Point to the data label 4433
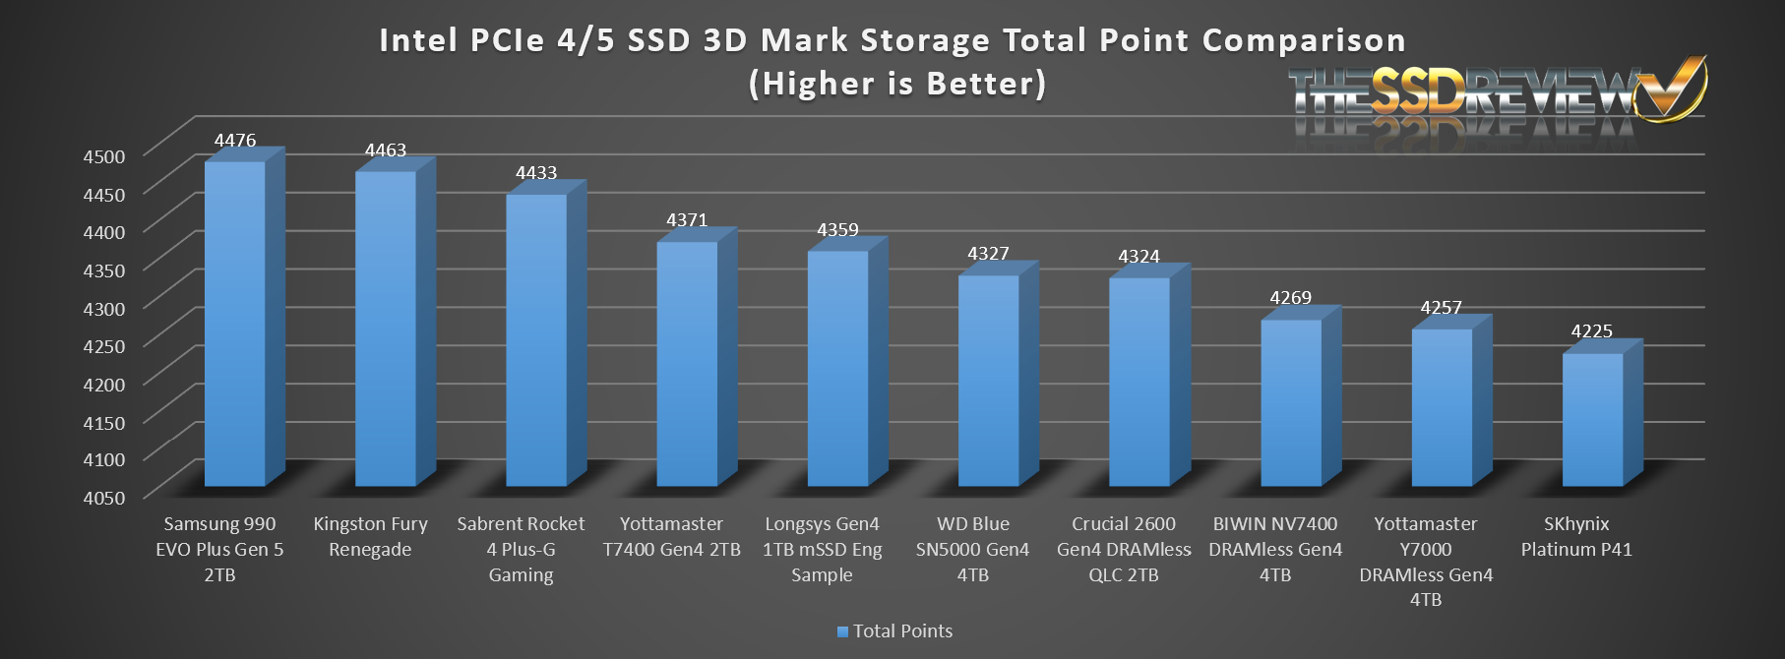(x=536, y=173)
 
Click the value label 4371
(x=687, y=220)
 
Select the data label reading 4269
(x=1290, y=298)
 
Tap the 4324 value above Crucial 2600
(x=1139, y=257)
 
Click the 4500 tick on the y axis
(x=103, y=156)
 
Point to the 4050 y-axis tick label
(x=103, y=498)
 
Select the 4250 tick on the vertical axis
(x=103, y=346)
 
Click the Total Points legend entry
(x=894, y=631)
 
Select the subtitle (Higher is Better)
(x=897, y=84)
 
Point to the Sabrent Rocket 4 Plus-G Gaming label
(x=521, y=549)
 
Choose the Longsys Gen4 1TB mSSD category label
(x=822, y=549)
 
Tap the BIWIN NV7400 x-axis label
(x=1275, y=549)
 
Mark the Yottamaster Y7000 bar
(x=1442, y=407)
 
